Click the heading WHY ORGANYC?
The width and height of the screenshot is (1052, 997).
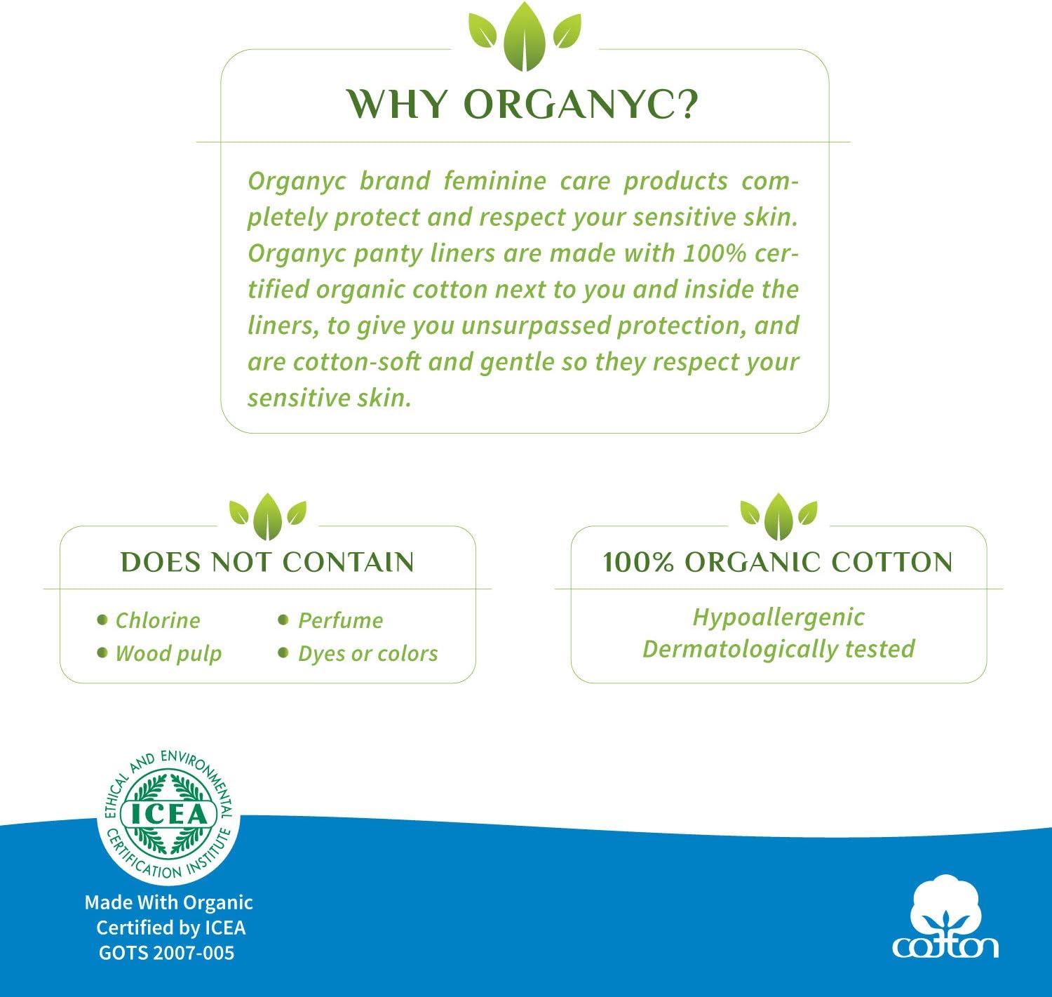click(x=524, y=104)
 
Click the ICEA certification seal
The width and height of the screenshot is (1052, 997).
click(x=168, y=814)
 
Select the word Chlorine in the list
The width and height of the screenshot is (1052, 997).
click(x=158, y=620)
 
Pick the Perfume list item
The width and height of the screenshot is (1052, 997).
click(x=340, y=620)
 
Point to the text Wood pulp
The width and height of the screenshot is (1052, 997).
click(x=168, y=653)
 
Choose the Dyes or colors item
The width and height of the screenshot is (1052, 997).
click(x=367, y=653)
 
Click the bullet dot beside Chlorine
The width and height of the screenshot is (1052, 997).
click(x=102, y=620)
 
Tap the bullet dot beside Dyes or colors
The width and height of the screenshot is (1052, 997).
click(x=283, y=653)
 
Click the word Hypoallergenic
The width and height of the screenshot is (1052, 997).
click(x=778, y=617)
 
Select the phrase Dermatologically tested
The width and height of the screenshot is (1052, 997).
click(x=778, y=648)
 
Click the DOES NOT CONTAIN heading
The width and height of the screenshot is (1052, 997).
click(x=267, y=562)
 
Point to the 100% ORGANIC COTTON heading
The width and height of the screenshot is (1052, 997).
click(x=778, y=562)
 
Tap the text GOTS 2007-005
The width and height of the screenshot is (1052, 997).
click(x=166, y=953)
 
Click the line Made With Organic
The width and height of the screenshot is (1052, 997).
click(x=168, y=902)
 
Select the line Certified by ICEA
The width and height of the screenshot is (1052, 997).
click(x=170, y=928)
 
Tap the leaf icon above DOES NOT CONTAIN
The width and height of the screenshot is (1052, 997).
click(x=268, y=516)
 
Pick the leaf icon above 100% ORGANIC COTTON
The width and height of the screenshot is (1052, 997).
click(x=778, y=516)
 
